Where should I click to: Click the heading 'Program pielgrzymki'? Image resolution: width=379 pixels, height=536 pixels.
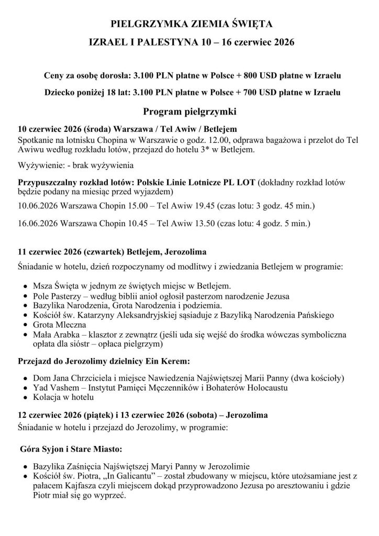(189, 112)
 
